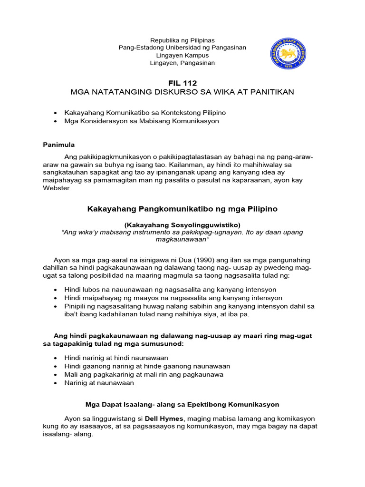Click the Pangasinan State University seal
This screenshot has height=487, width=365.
288,54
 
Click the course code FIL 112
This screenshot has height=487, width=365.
182,83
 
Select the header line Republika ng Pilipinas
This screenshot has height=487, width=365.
182,40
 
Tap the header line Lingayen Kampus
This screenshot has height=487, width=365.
182,55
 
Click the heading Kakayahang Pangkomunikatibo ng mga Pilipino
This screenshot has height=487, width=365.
182,209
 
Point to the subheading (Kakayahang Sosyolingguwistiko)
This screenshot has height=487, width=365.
182,224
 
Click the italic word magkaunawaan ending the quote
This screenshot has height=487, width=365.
182,240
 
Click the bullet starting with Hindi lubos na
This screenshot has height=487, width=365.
170,290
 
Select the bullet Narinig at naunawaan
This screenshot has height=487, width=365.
99,383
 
